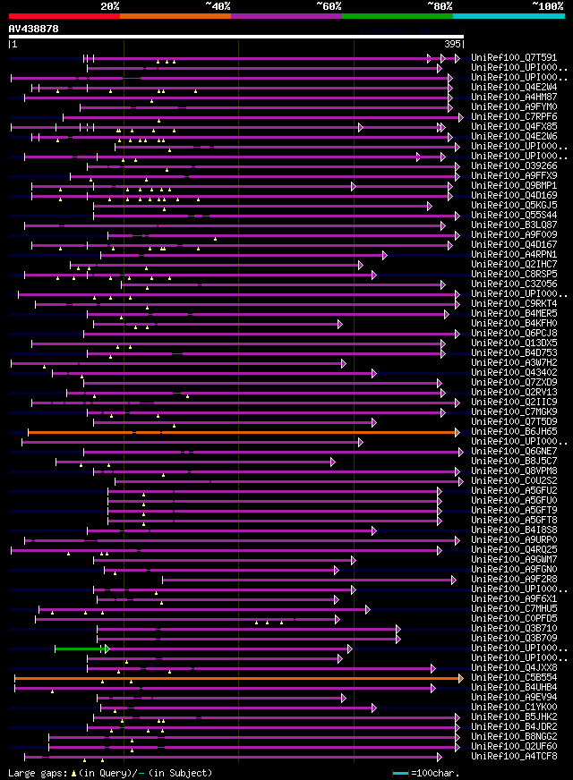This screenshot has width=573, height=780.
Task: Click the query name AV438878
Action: (34, 29)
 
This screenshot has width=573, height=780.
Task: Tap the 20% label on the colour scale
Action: (110, 6)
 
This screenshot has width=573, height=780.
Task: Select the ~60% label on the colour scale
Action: (329, 6)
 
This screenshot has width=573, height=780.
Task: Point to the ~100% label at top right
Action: (547, 6)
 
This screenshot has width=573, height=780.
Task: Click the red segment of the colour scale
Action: (64, 15)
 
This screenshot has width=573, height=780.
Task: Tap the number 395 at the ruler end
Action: (452, 44)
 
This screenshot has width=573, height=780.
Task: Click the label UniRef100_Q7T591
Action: (515, 58)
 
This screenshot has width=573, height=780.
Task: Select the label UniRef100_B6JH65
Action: (515, 432)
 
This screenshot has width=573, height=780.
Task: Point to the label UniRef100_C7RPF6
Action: (515, 117)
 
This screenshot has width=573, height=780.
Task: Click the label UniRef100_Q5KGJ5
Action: (515, 206)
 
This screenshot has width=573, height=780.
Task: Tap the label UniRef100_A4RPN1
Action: (515, 255)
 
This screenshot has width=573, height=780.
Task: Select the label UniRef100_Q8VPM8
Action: (515, 471)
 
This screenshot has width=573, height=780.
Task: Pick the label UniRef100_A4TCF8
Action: (515, 757)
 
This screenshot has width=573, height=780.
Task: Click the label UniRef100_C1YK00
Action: (515, 708)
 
